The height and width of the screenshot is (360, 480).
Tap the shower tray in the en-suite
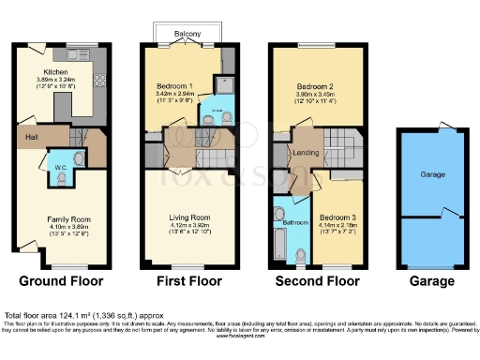[x=221, y=90]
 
